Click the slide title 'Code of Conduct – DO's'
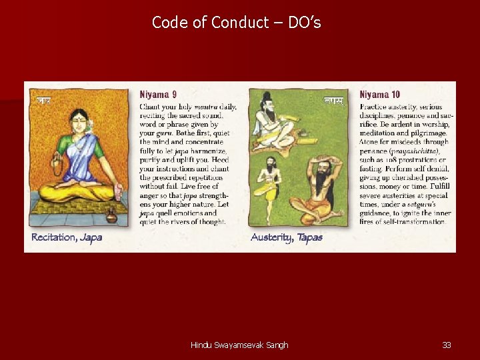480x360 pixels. click(237, 23)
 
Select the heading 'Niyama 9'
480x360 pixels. click(158, 95)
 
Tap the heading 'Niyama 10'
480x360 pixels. click(380, 95)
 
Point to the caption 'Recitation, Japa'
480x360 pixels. click(67, 237)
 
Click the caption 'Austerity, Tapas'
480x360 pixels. click(287, 237)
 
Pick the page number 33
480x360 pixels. click(447, 345)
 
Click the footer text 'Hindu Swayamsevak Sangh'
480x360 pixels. click(239, 345)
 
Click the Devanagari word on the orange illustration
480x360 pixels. click(44, 101)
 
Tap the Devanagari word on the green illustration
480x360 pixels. click(333, 101)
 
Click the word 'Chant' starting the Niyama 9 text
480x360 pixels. click(149, 107)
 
